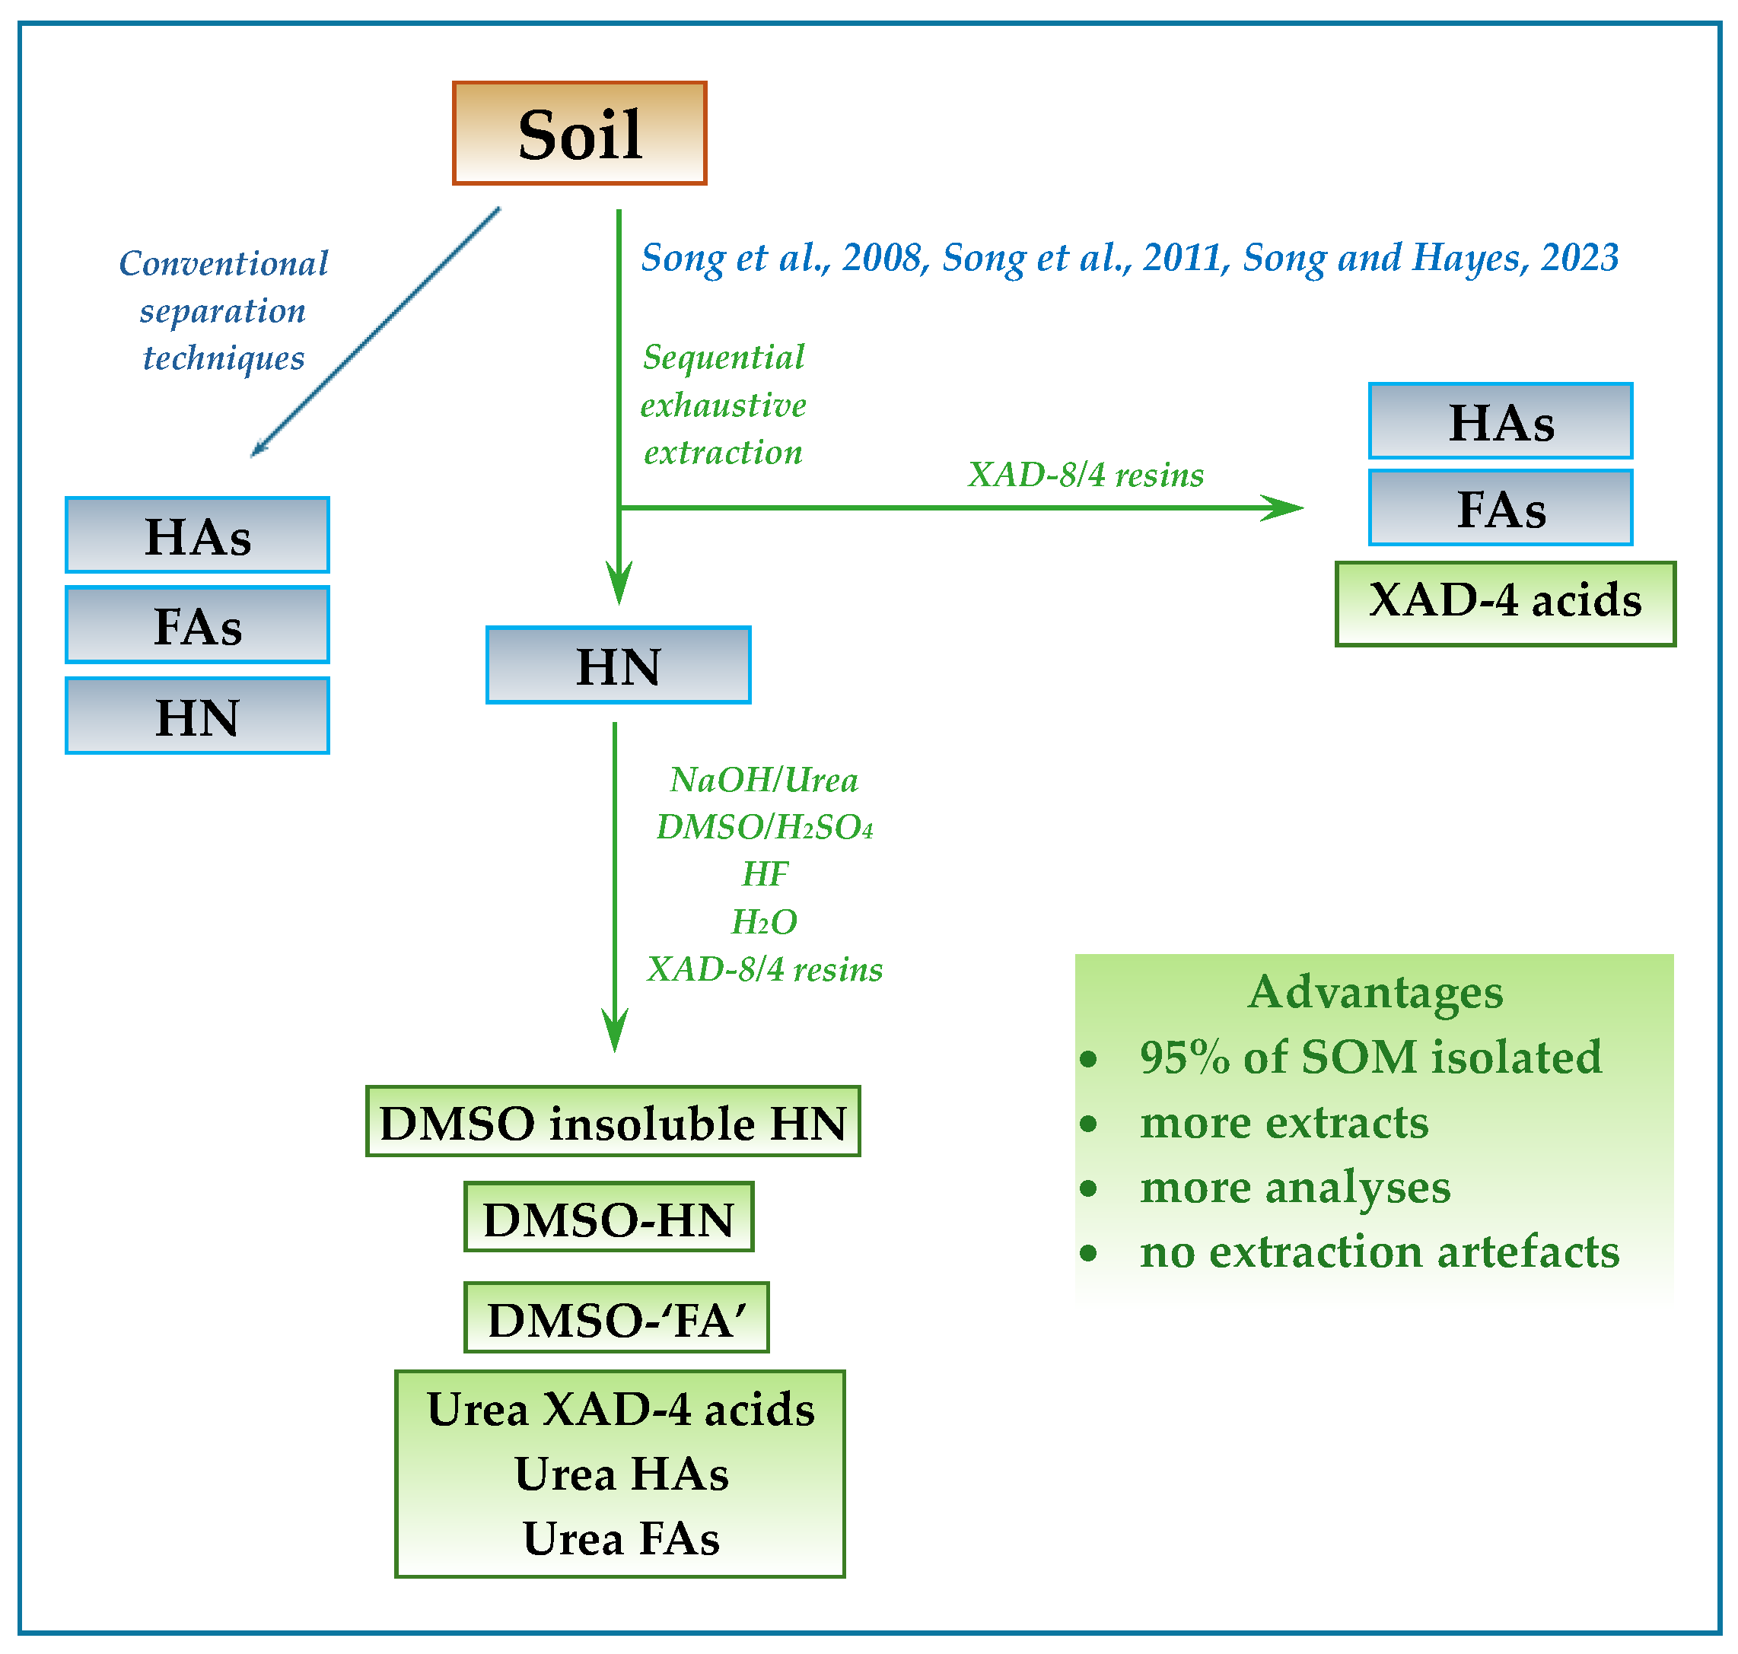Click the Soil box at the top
click(x=579, y=133)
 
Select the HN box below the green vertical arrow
click(x=618, y=665)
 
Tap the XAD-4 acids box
click(x=1504, y=603)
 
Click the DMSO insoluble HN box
click(x=613, y=1121)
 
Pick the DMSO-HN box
click(x=609, y=1217)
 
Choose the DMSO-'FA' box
click(x=616, y=1317)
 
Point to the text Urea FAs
click(x=621, y=1538)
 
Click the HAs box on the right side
click(x=1500, y=421)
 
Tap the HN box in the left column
click(x=198, y=715)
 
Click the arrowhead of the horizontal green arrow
click(x=1288, y=507)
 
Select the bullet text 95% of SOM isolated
click(x=1370, y=1056)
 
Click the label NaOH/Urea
click(x=764, y=779)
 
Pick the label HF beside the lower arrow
click(x=765, y=873)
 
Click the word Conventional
click(x=223, y=262)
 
